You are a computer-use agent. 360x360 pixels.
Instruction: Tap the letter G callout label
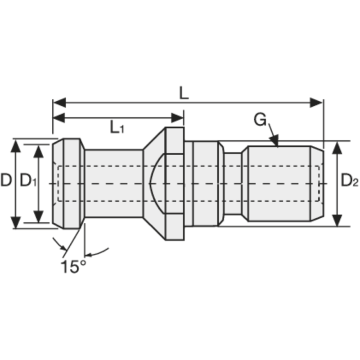pos(260,120)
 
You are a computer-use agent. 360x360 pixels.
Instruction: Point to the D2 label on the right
pos(349,181)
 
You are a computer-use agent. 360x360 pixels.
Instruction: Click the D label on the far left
pos(6,181)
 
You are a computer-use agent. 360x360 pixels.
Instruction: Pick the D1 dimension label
pos(28,181)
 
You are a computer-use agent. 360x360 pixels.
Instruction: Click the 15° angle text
pos(73,266)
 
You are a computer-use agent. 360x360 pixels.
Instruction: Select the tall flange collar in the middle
pos(175,184)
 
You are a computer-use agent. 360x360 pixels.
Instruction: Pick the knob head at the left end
pos(67,184)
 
